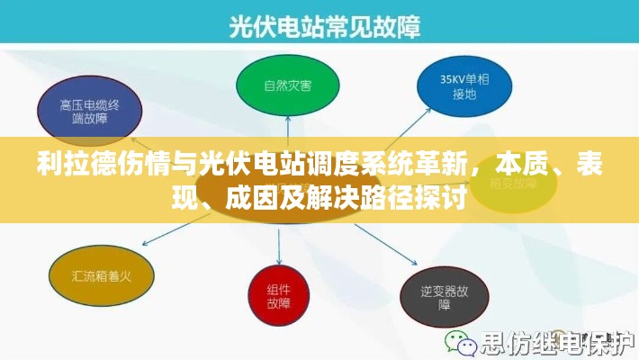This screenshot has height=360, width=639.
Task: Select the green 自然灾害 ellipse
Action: tap(288, 86)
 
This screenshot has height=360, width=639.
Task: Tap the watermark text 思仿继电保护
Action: tap(553, 343)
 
